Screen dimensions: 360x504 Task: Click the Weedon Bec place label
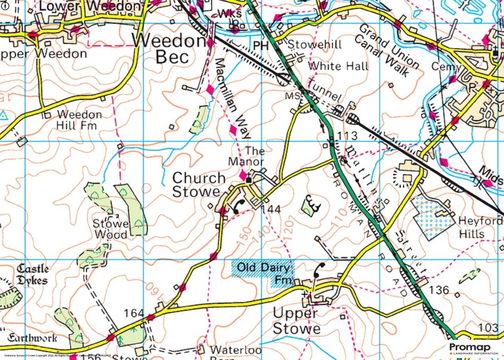pos(170,49)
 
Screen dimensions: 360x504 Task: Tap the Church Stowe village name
pos(198,185)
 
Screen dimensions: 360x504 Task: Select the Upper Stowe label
pos(296,321)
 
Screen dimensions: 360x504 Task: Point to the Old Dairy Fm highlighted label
pos(263,274)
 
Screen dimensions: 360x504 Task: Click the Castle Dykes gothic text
pos(32,275)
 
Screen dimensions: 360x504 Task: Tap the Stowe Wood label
pos(110,229)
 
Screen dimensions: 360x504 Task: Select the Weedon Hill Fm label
pos(79,120)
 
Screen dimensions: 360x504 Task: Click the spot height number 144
pos(271,209)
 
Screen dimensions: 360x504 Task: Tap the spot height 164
pos(134,313)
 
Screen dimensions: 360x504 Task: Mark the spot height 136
pos(439,290)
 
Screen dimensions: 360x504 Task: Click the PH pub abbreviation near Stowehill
pos(260,45)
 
